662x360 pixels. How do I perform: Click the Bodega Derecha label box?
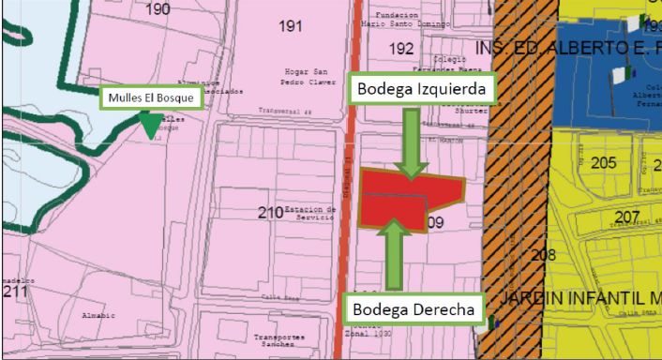[x=413, y=309]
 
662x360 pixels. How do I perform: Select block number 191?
[x=292, y=26]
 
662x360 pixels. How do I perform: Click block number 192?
[x=400, y=48]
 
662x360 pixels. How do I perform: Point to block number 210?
[x=270, y=213]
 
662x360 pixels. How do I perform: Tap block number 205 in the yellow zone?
[x=604, y=163]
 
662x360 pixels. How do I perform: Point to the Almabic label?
[x=98, y=315]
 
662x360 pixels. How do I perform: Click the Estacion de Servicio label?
[x=309, y=214]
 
